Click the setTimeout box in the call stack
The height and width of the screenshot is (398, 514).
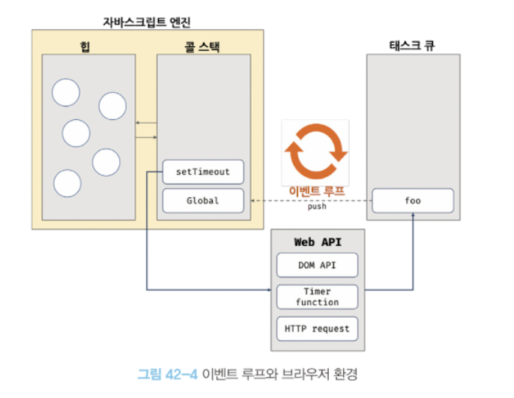(203, 172)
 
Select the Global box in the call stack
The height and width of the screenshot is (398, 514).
(203, 200)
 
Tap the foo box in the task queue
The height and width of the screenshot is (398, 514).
(413, 200)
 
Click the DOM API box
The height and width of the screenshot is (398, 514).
(317, 265)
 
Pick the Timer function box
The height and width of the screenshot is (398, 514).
(317, 297)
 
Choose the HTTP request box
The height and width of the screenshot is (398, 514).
(317, 328)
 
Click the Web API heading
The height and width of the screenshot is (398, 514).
(318, 241)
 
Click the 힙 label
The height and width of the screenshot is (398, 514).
(84, 45)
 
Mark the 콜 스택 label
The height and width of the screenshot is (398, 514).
(203, 45)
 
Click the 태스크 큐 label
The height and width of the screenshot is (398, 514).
(413, 45)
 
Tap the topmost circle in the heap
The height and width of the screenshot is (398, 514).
(66, 92)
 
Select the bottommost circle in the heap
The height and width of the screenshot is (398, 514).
(67, 184)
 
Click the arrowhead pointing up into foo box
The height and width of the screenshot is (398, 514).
(413, 215)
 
